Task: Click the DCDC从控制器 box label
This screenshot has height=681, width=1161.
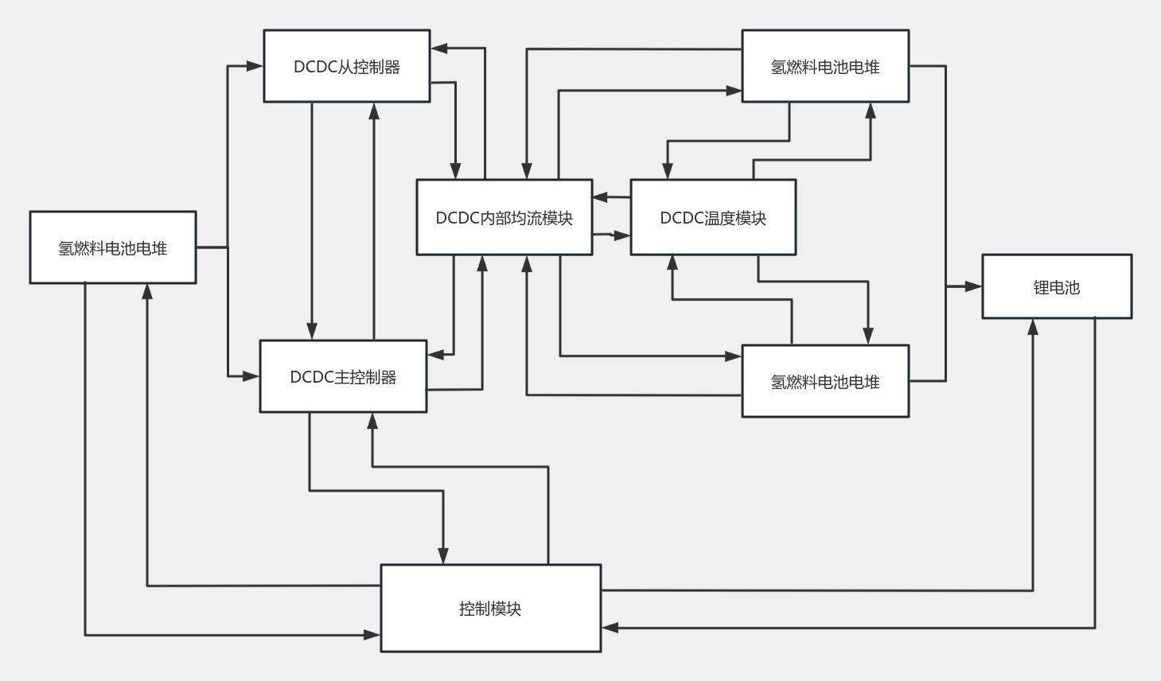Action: [x=346, y=67]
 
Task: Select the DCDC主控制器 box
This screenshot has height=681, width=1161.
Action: [x=343, y=376]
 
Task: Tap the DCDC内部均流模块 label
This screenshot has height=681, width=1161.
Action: [x=504, y=218]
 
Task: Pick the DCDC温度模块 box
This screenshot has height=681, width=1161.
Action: [x=713, y=218]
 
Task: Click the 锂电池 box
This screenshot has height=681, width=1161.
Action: [x=1056, y=287]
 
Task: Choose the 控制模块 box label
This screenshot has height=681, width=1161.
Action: [x=490, y=609]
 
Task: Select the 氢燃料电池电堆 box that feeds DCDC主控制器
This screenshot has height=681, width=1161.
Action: [x=112, y=248]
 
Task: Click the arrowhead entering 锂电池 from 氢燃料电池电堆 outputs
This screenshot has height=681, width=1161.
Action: [x=974, y=286]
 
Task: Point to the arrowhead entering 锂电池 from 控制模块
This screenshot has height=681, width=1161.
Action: [x=1033, y=327]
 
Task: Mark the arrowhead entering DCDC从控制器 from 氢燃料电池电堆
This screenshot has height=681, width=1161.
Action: [x=255, y=66]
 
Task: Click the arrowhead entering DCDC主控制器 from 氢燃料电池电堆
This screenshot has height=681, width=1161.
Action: [x=251, y=376]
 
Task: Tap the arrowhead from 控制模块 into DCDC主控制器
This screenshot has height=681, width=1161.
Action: [x=372, y=421]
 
